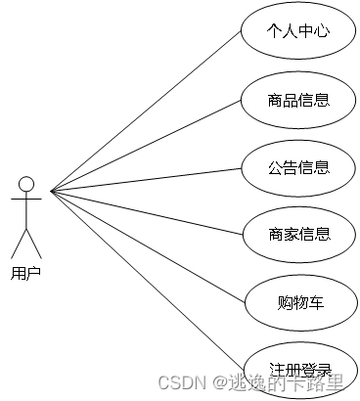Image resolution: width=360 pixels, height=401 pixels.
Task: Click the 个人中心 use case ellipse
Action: pyautogui.click(x=298, y=31)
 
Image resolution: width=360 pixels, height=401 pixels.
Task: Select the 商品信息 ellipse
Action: pyautogui.click(x=298, y=99)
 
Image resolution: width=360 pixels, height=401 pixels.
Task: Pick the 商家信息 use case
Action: pyautogui.click(x=298, y=234)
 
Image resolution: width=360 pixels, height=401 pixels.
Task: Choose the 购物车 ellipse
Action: pyautogui.click(x=298, y=301)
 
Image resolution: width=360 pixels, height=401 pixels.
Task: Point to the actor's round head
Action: pyautogui.click(x=26, y=184)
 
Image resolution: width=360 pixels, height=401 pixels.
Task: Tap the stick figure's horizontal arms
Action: pyautogui.click(x=26, y=200)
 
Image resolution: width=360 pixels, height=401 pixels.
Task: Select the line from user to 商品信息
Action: pyautogui.click(x=147, y=144)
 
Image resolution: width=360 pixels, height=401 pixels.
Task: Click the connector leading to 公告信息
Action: pyautogui.click(x=147, y=178)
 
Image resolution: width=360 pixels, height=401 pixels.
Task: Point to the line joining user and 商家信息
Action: pyautogui.click(x=147, y=212)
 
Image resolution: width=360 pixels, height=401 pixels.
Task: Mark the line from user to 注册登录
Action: pyautogui.click(x=147, y=280)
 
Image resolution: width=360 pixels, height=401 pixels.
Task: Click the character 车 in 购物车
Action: pyautogui.click(x=315, y=301)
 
